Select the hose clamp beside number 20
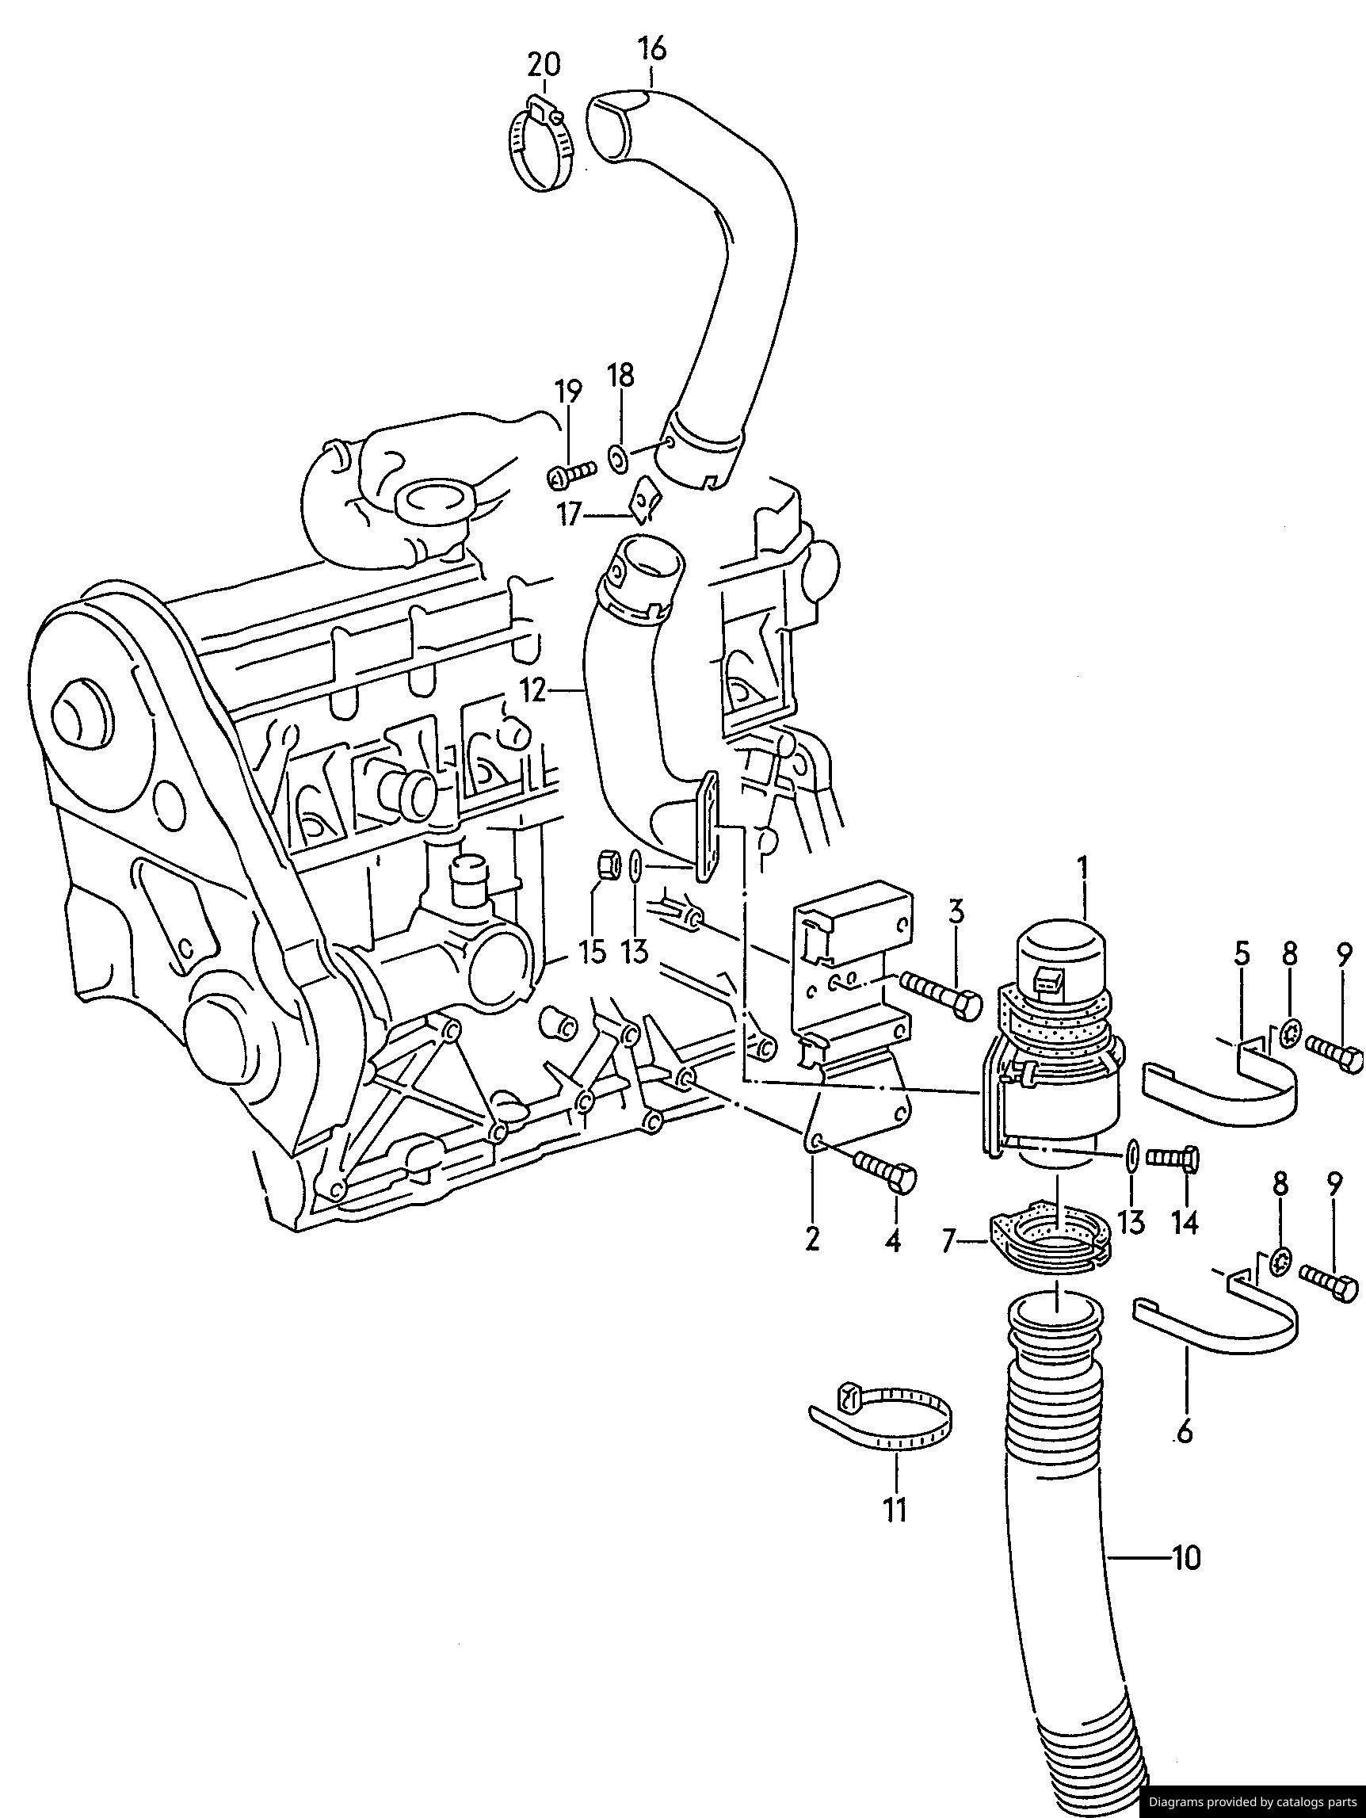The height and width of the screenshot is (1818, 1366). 542,145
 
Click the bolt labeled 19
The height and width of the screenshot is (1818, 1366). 570,474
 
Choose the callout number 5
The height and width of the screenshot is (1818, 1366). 1241,955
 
